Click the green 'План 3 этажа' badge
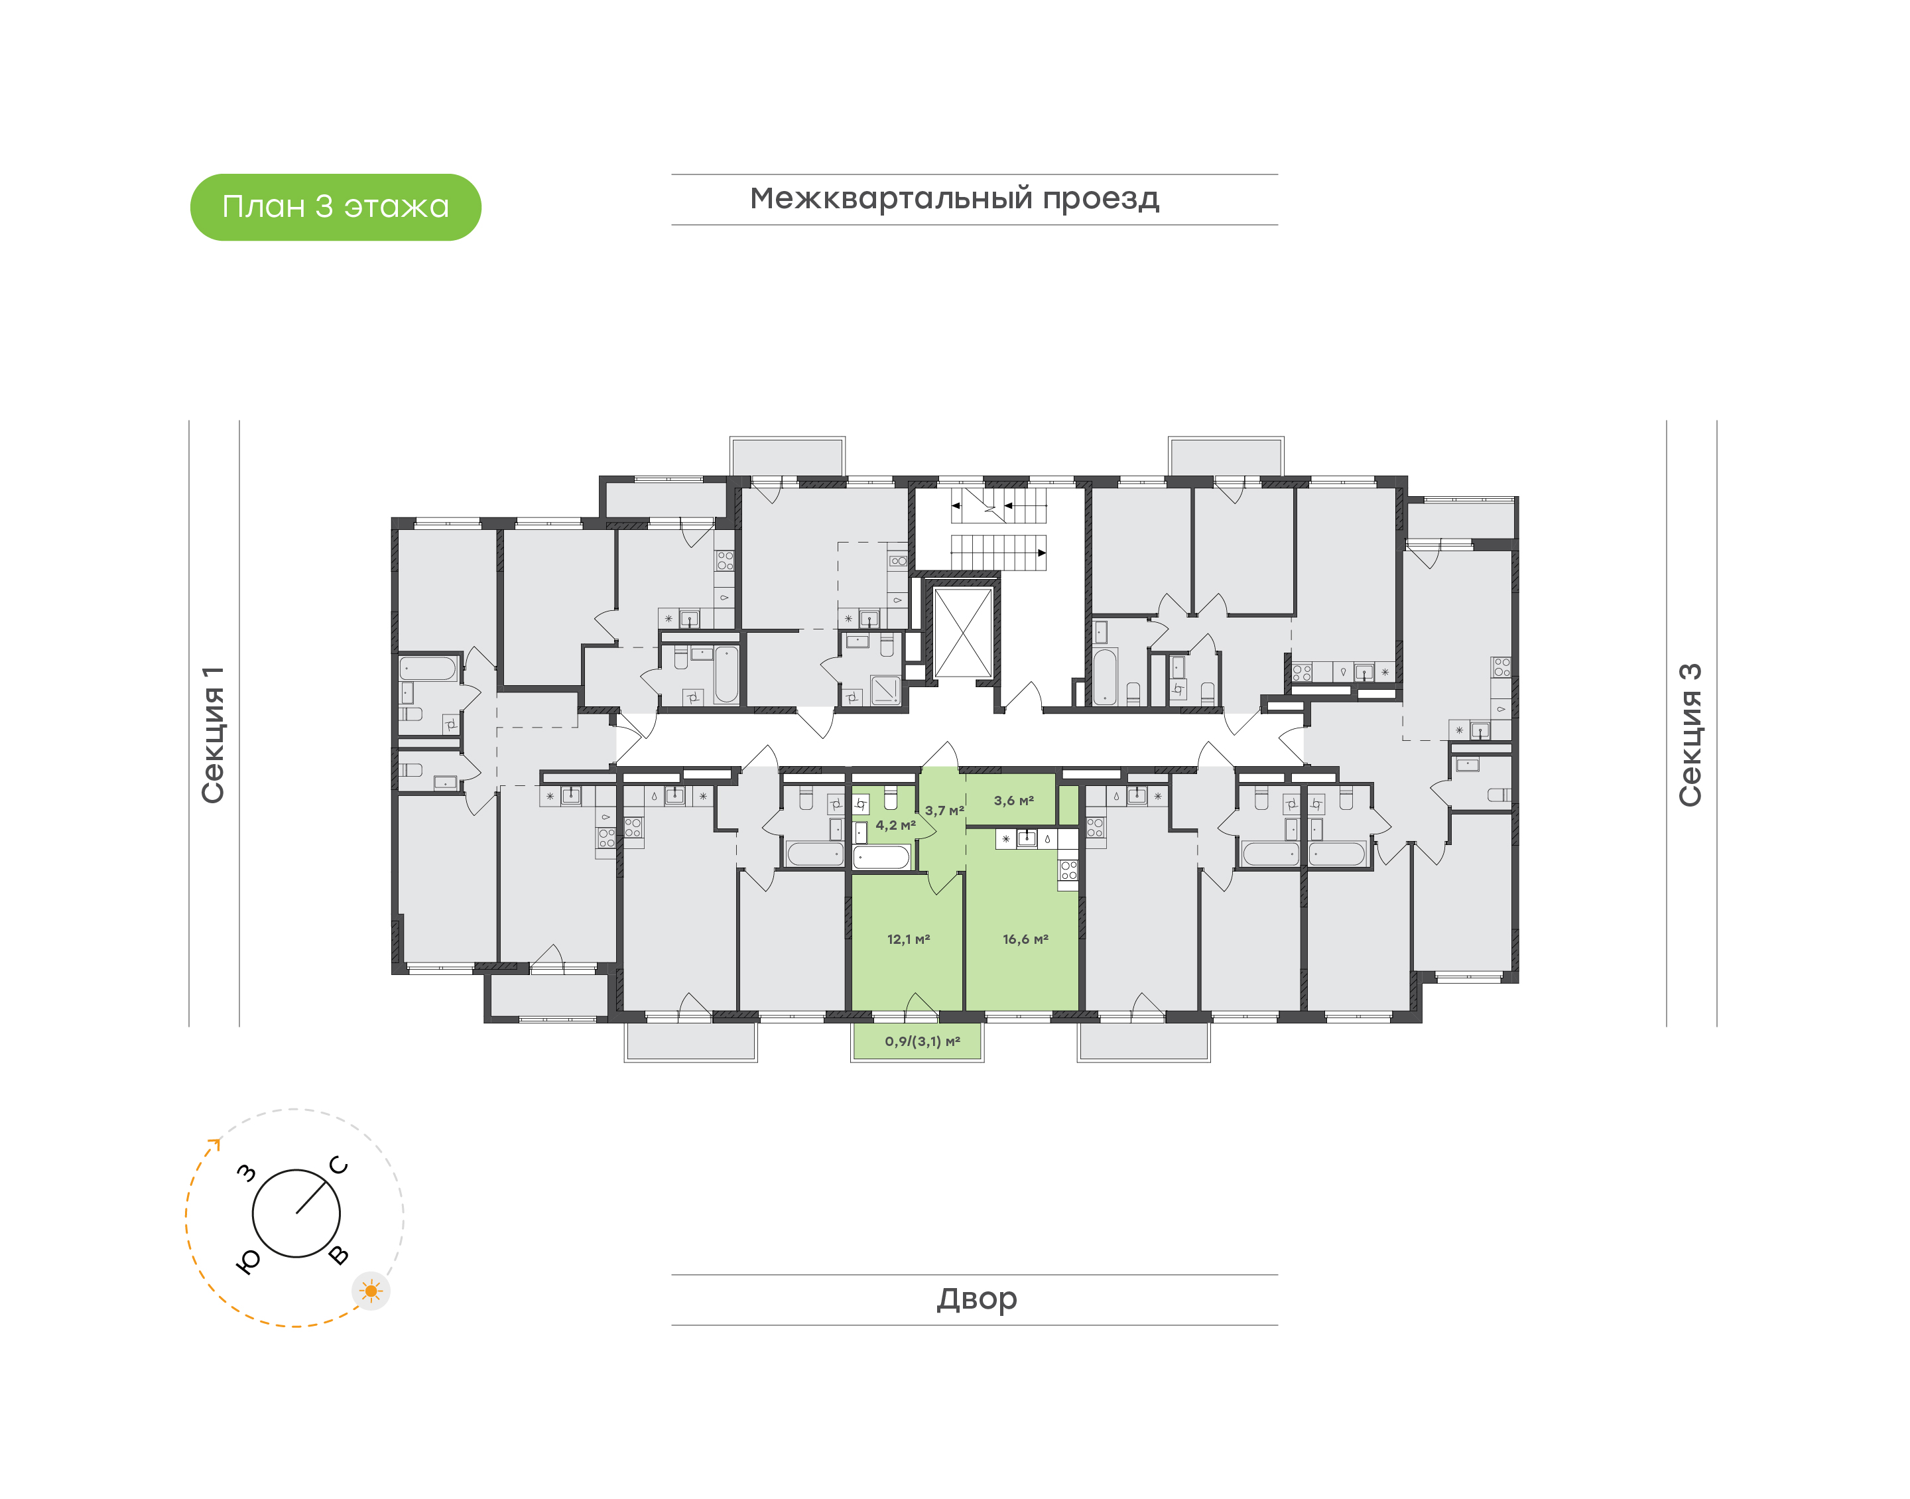point(335,207)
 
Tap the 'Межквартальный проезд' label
point(954,199)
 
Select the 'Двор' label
point(976,1299)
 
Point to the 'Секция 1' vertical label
point(213,735)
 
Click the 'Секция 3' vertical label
point(1690,735)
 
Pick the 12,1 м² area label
point(908,939)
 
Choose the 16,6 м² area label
point(1025,939)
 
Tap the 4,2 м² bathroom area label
point(895,825)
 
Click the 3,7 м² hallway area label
point(944,810)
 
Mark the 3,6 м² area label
point(1013,801)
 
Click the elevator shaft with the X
point(962,633)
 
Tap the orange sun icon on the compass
point(371,1291)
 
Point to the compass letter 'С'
point(339,1165)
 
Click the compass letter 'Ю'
point(248,1261)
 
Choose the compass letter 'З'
point(247,1173)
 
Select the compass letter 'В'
point(339,1255)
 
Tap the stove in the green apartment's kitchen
point(1068,870)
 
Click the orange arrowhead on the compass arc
point(215,1143)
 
